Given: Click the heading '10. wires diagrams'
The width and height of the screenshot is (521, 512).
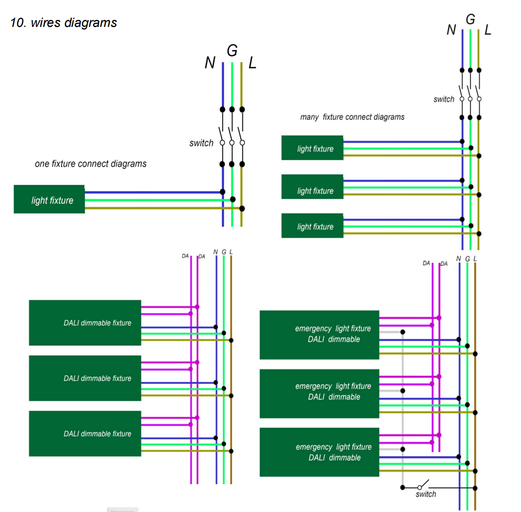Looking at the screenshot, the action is (x=63, y=22).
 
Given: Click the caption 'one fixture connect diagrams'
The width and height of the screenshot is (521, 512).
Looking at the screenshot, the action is (x=91, y=164).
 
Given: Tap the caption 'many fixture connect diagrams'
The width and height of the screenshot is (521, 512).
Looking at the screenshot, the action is (x=352, y=117).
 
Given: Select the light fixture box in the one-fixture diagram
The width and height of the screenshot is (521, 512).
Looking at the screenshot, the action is (x=49, y=199).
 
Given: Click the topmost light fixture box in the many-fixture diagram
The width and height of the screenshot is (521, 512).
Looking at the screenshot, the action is (x=312, y=148).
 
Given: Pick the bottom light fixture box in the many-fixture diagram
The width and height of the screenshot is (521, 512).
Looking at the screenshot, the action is (x=312, y=226).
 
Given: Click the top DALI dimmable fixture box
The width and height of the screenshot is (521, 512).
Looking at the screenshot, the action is (x=85, y=323).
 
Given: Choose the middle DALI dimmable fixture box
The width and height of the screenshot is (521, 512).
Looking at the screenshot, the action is (x=85, y=378).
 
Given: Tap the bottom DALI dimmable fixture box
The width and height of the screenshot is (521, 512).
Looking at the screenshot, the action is (x=85, y=433).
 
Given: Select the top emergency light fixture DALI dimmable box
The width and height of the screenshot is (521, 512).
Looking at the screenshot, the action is (x=320, y=335).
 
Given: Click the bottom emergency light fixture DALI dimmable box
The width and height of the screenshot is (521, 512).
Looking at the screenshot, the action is (x=320, y=452).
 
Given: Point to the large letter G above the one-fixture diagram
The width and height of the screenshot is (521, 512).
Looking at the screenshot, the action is (x=232, y=51).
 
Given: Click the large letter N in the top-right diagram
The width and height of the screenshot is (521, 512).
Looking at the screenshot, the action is (x=451, y=30).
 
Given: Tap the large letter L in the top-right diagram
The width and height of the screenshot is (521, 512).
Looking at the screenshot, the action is (x=488, y=30).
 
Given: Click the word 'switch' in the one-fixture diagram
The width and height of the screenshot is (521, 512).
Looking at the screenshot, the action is (x=201, y=143).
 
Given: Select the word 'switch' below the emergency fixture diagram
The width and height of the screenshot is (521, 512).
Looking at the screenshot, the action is (x=426, y=494).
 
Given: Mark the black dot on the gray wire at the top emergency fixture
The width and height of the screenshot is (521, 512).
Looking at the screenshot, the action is (x=403, y=332).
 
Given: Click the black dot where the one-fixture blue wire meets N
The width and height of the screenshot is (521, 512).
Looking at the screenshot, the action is (x=223, y=192).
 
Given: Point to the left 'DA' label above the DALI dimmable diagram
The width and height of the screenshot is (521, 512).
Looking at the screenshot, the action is (x=185, y=256).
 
